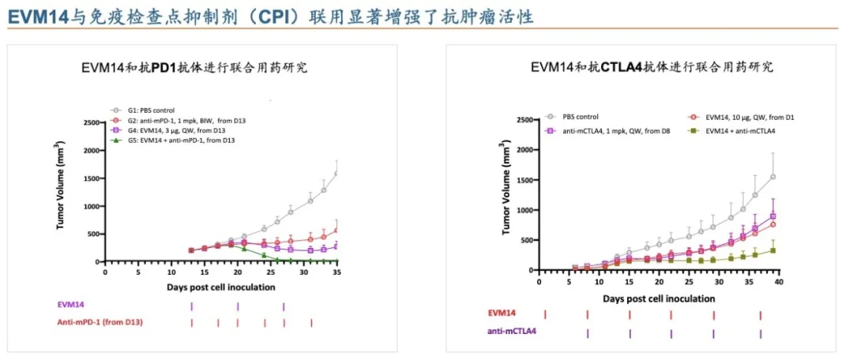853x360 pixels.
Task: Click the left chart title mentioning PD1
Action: tap(194, 68)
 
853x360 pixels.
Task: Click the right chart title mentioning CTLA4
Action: tap(651, 68)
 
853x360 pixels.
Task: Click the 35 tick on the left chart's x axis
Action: tap(336, 271)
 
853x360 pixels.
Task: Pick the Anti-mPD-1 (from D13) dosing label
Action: tap(98, 322)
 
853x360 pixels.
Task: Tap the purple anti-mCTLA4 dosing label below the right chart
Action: tap(511, 332)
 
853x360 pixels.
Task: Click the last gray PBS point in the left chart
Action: tap(336, 174)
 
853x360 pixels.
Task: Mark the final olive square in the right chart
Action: tap(772, 250)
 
